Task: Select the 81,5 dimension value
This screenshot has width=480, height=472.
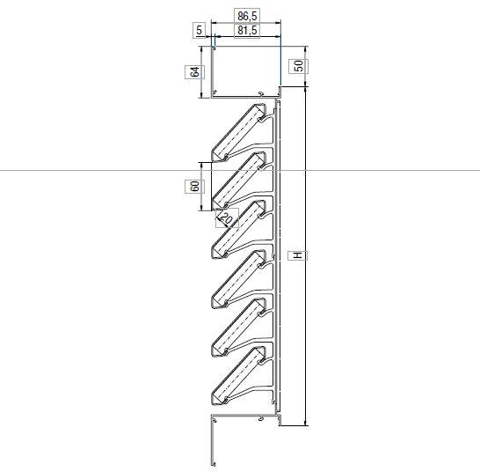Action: [247, 31]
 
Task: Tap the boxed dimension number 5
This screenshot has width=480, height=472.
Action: [200, 31]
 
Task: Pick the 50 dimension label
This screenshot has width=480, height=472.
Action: [299, 67]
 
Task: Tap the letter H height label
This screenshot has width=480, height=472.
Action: [298, 255]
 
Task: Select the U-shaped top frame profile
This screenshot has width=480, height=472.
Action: [245, 92]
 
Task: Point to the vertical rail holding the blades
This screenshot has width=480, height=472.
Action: [277, 264]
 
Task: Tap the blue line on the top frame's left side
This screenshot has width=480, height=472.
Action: [212, 66]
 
